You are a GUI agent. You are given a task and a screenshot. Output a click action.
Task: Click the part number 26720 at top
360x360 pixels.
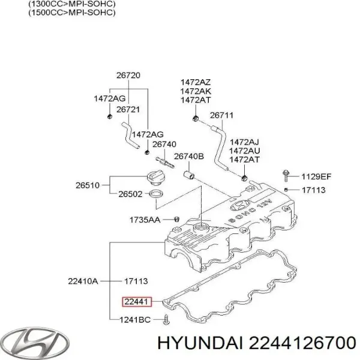click(x=128, y=76)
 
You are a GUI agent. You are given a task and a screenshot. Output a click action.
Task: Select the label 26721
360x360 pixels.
click(x=128, y=110)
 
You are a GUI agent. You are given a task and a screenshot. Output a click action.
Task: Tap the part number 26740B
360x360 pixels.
click(x=189, y=157)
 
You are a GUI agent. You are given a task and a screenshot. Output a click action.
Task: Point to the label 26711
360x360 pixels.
click(x=221, y=115)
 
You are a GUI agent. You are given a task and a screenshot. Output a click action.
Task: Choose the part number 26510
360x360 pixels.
click(x=87, y=185)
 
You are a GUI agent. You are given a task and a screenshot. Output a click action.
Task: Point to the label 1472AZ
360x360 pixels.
click(x=195, y=82)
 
